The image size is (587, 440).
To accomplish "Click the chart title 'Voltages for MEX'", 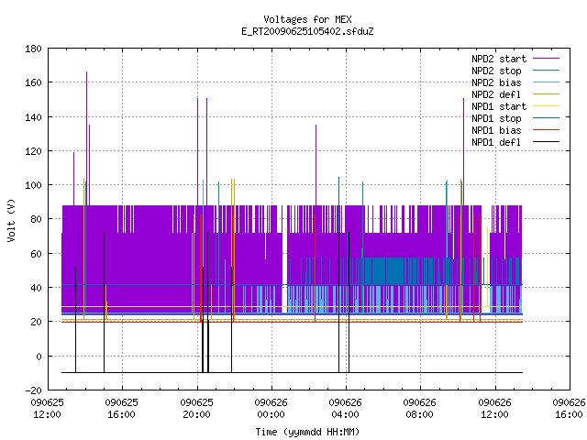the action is pos(307,19).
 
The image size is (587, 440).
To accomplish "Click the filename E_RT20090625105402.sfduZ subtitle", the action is pos(307,31).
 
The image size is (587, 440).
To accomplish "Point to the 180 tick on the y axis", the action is pos(33,49).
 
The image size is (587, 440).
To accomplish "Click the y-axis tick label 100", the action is pos(33,185).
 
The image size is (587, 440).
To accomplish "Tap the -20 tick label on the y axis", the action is pos(33,390).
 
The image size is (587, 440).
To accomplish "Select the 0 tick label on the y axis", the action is pos(39,357).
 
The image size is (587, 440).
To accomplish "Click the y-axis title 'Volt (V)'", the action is pos(12,220).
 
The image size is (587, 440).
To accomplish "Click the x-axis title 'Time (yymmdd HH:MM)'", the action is pos(307,432).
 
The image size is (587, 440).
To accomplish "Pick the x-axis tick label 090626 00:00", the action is pos(271,409).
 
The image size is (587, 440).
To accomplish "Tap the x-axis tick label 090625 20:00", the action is pos(196,409).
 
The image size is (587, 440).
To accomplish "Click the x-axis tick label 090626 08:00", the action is pos(420,409).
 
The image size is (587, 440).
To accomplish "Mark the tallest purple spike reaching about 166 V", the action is pos(87,138).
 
